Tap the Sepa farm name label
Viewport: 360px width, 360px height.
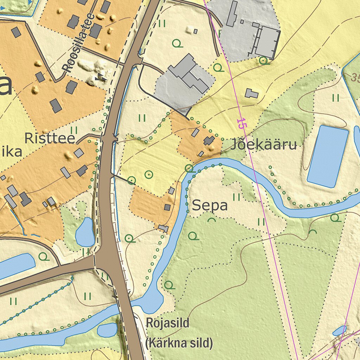pyautogui.click(x=210, y=206)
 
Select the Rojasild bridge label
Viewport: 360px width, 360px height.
pyautogui.click(x=168, y=322)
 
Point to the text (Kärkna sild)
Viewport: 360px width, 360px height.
pyautogui.click(x=179, y=342)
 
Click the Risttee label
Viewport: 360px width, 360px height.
pyautogui.click(x=50, y=138)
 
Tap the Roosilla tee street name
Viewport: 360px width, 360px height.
pyautogui.click(x=78, y=43)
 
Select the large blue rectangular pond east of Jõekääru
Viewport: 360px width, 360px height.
pyautogui.click(x=328, y=156)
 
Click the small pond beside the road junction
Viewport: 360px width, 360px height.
pyautogui.click(x=85, y=232)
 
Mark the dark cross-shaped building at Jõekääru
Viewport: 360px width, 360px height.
pyautogui.click(x=209, y=141)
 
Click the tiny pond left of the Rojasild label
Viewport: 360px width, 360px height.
pyautogui.click(x=107, y=330)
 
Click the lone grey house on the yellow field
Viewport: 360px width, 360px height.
pyautogui.click(x=251, y=94)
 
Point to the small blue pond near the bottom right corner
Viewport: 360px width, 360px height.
pyautogui.click(x=339, y=330)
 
